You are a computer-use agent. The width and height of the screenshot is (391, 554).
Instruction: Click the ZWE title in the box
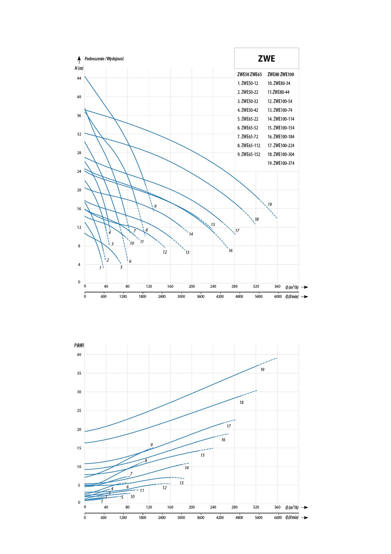pos(266,59)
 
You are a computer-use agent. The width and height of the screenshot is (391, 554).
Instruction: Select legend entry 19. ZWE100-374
pos(281,163)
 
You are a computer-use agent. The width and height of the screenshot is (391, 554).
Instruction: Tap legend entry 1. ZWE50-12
pos(248,83)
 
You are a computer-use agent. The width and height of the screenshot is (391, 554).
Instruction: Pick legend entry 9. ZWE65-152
pos(249,154)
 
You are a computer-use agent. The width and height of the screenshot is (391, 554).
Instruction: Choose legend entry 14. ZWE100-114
pos(281,119)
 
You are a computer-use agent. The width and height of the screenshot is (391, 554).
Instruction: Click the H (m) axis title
pos(79,68)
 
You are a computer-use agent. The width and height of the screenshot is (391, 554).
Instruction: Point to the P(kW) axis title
pos(79,345)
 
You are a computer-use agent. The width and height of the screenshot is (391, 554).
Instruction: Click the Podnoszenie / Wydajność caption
pos(104,59)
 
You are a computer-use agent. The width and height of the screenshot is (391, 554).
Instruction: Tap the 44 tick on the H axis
pos(79,78)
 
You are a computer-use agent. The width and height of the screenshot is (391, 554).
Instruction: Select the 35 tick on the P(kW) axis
pos(79,373)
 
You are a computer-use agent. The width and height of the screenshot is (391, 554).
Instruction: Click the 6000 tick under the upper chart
pos(278,296)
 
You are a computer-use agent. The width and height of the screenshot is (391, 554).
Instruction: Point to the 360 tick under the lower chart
pos(277,507)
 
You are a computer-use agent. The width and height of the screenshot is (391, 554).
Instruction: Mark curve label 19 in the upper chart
pos(270,205)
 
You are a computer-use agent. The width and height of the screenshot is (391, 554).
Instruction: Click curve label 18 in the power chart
pos(241,402)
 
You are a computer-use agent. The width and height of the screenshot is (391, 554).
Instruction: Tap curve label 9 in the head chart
pos(155,206)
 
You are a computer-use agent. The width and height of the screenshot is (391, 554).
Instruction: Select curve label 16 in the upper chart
pos(230,251)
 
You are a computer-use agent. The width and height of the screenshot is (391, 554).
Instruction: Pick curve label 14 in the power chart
pos(187,468)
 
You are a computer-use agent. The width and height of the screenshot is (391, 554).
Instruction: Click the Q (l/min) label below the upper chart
pos(292,296)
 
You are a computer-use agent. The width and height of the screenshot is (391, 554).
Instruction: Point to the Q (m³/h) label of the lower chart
pos(292,507)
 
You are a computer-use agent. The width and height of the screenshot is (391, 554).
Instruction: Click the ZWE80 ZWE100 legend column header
pos(280,74)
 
